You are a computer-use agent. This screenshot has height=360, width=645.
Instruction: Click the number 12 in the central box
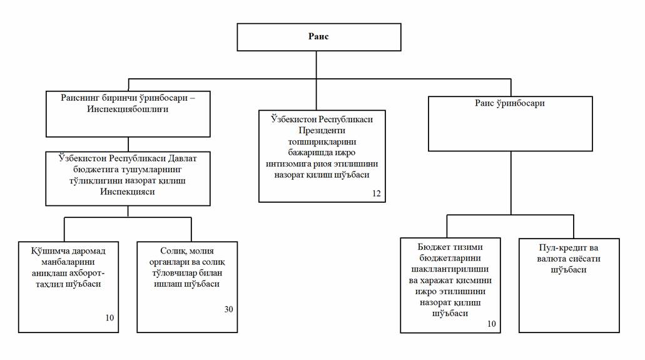coord(377,193)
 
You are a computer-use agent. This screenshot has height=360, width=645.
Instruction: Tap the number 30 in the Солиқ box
coord(229,309)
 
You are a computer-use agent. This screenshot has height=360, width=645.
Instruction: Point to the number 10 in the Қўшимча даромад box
coord(109,317)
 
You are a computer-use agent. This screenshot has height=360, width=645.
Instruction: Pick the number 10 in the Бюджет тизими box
coord(492,324)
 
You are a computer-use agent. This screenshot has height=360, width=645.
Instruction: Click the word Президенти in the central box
coord(322,131)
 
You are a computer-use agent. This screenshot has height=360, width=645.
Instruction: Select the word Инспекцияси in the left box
coord(128,192)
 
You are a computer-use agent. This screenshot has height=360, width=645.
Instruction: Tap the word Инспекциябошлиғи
coord(128,109)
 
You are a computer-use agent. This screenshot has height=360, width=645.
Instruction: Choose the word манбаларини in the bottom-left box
coord(68,262)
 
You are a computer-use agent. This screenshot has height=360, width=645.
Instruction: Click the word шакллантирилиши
coord(450,269)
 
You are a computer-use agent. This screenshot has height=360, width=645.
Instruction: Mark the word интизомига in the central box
coord(288,164)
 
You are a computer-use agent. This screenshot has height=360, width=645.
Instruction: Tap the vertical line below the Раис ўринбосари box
coord(511,183)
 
